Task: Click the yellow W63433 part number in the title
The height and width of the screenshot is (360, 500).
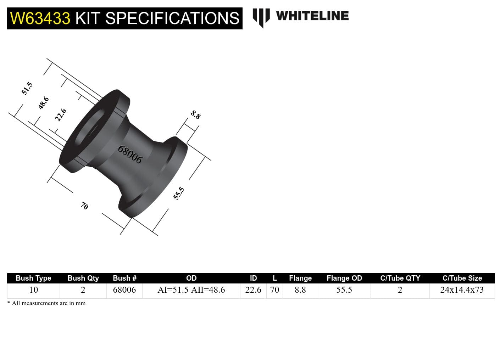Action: coord(40,18)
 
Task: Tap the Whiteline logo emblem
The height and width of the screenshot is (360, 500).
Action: coord(261,17)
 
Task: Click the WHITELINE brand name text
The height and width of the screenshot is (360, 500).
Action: coord(312,16)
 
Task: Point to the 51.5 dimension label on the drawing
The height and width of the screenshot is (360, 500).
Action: coord(27,88)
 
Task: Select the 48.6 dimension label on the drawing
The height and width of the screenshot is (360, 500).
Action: coord(44,103)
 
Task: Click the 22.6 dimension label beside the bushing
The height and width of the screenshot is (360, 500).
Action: coord(61,115)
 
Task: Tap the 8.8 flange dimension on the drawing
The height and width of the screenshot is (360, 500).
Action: coord(196,114)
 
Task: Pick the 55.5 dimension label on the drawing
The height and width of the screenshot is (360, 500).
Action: coord(179,193)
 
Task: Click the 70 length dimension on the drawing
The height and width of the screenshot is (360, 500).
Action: coord(84,206)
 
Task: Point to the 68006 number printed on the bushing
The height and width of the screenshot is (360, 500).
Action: coord(130,155)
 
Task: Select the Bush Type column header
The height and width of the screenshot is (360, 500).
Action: coord(33,278)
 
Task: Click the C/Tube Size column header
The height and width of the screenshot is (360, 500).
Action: coord(462,278)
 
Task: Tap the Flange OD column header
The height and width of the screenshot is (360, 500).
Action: coord(344,278)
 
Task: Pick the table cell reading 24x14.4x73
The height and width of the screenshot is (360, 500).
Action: coord(462,290)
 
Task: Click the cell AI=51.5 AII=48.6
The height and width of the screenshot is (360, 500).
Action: coord(191,290)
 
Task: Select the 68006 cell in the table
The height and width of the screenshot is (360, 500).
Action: coord(124,290)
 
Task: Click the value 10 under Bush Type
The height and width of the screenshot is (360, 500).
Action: coord(33,290)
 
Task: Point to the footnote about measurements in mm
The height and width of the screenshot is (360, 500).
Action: coord(46,303)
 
